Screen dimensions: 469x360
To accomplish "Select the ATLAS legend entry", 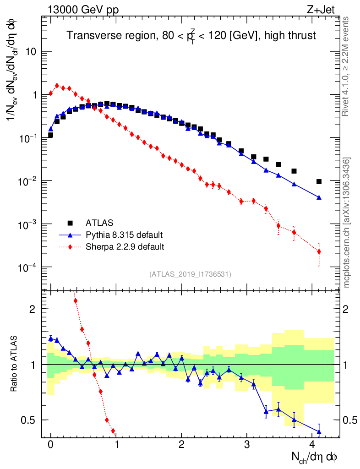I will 98,223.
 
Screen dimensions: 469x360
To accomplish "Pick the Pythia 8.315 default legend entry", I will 124,235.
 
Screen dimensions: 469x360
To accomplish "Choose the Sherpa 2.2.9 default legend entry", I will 125,247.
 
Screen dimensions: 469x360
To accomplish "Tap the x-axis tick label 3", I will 247,444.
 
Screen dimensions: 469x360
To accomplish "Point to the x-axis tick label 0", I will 51,444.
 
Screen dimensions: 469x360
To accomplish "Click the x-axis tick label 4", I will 312,444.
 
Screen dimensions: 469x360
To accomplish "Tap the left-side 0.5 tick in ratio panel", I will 29,420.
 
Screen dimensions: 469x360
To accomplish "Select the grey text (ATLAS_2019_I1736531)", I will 190,274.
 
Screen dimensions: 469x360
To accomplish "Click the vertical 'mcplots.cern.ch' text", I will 347,222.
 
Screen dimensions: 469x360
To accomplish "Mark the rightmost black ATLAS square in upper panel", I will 319,181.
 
